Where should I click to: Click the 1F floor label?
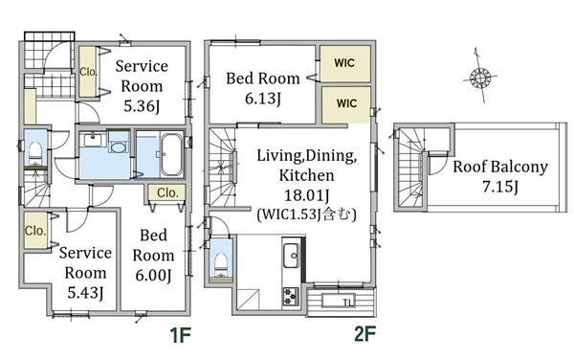[x=180, y=335]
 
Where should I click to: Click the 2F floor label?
[x=365, y=333]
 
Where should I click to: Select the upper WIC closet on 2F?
[x=345, y=63]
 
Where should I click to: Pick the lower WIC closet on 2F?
[x=346, y=104]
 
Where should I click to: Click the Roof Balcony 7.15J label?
[x=500, y=176]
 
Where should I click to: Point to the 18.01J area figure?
[x=307, y=195]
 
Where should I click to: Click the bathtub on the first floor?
[x=171, y=154]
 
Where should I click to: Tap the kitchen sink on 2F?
[x=292, y=256]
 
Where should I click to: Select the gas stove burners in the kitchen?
[x=291, y=296]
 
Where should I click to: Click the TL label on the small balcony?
[x=348, y=303]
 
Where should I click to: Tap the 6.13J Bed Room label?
[x=263, y=88]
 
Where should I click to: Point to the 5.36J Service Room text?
[x=142, y=86]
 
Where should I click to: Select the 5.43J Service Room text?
[x=85, y=273]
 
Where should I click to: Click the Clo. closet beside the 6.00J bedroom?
[x=167, y=192]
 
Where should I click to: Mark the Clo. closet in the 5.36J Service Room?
[x=88, y=72]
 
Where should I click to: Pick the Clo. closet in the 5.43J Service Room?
[x=35, y=231]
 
